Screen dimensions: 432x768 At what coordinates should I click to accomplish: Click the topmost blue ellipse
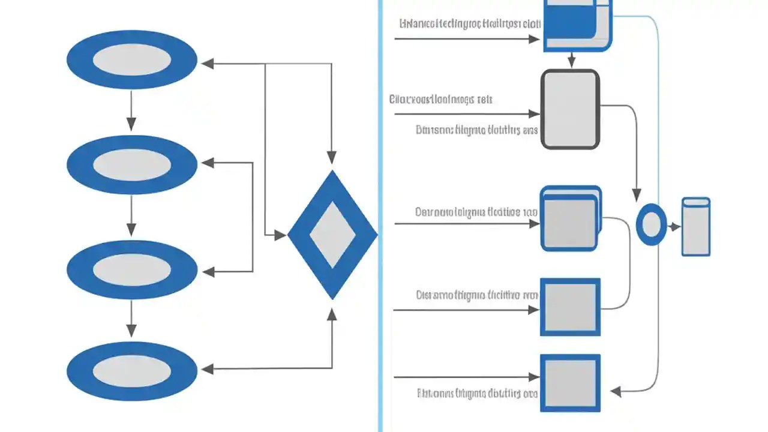(132, 60)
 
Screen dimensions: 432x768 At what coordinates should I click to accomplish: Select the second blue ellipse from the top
(132, 164)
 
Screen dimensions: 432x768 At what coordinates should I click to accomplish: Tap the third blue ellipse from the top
(132, 270)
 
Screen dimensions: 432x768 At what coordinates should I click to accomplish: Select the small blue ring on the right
(651, 225)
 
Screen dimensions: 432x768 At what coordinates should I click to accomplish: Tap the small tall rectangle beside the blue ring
(696, 227)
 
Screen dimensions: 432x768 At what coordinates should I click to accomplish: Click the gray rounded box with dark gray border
(570, 109)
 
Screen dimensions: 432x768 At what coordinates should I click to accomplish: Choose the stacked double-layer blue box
(570, 218)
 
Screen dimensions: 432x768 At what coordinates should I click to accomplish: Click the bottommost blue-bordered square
(570, 383)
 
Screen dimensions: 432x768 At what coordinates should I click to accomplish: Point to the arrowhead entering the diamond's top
(331, 158)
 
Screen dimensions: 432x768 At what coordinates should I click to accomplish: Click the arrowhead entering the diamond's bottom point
(331, 314)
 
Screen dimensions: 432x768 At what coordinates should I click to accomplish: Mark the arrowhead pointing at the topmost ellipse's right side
(207, 64)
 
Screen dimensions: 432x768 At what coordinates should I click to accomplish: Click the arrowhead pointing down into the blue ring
(637, 196)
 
